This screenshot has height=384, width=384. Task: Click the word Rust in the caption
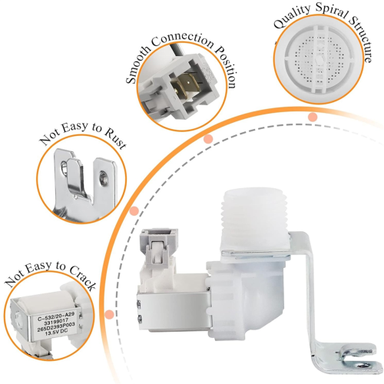click(115, 140)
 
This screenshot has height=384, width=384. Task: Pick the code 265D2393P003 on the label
click(56, 329)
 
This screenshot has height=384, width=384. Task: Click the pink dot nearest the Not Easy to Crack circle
click(109, 314)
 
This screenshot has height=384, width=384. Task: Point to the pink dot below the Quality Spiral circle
click(313, 117)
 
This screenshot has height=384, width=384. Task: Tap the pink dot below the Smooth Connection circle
click(208, 139)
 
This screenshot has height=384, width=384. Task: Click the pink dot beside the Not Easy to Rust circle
click(134, 211)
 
